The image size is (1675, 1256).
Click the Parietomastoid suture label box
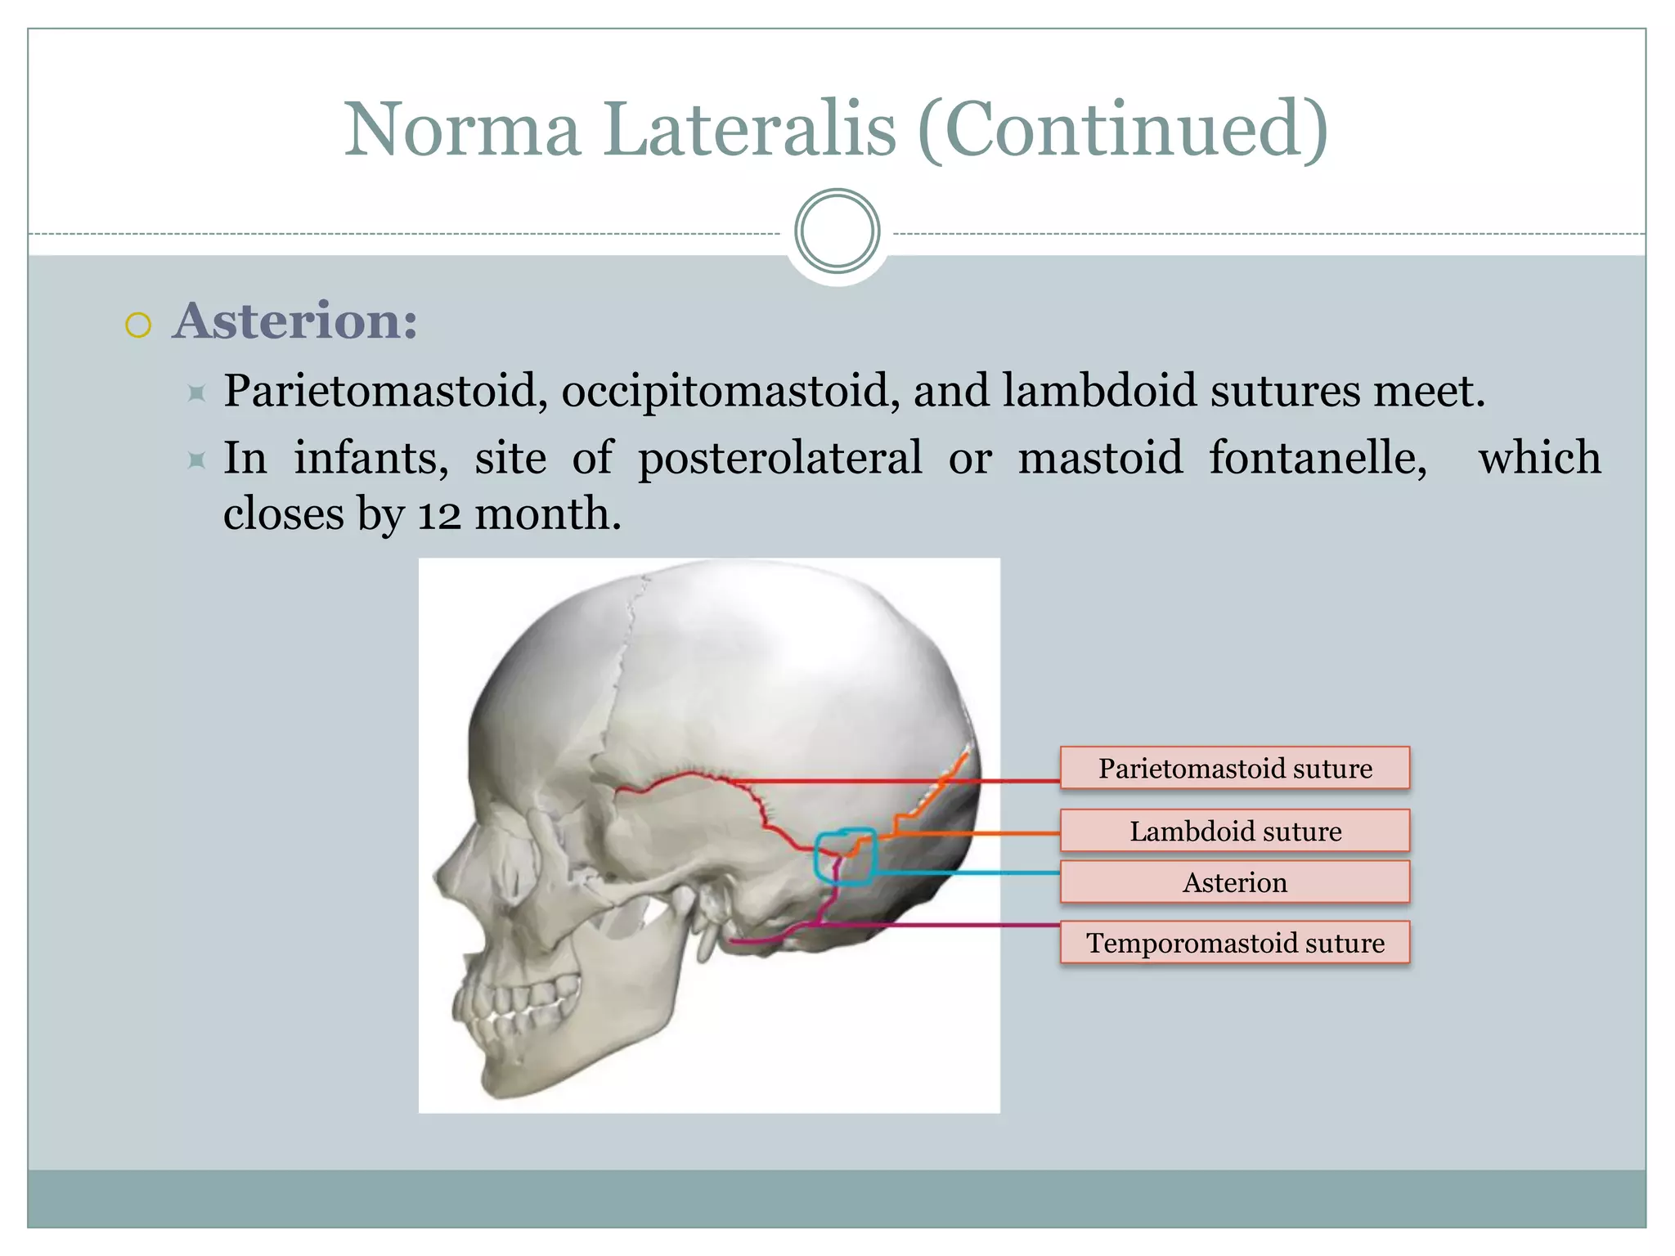(x=1235, y=768)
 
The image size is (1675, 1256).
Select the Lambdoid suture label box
(x=1235, y=831)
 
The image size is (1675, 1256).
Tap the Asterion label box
(x=1235, y=882)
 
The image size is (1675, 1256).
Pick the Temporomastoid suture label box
(x=1235, y=943)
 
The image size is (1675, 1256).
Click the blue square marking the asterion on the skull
(x=846, y=857)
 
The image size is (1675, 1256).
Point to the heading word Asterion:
(x=295, y=321)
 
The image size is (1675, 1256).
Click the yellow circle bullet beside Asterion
(x=138, y=325)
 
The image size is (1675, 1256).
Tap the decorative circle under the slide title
(x=837, y=231)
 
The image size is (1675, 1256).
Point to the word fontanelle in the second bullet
(x=1318, y=457)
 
